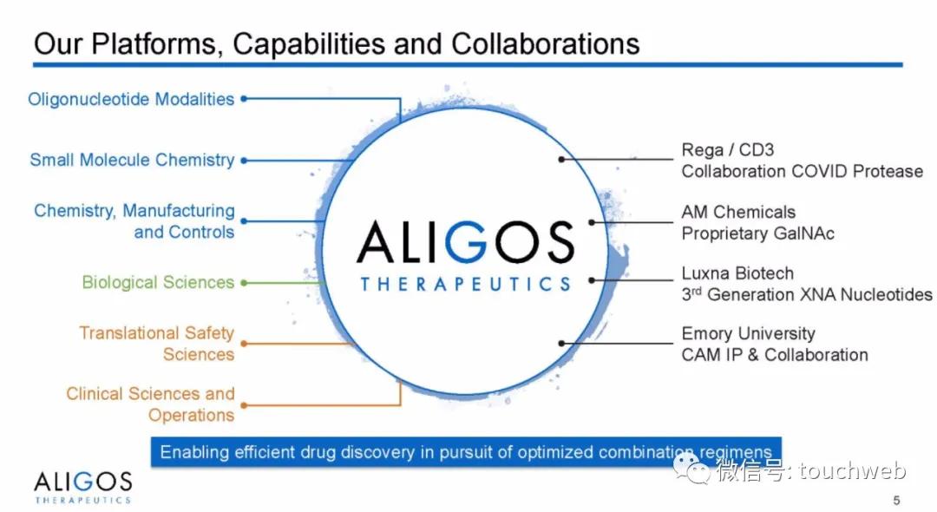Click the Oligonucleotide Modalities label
click(x=131, y=99)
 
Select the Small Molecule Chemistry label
click(x=132, y=161)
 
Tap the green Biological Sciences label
click(x=158, y=282)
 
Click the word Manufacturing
click(x=179, y=211)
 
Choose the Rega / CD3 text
click(x=727, y=149)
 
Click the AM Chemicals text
click(x=738, y=212)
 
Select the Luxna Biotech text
click(x=737, y=273)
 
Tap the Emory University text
click(x=748, y=333)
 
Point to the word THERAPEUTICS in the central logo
click(x=465, y=284)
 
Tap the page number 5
click(x=896, y=500)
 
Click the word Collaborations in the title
click(x=545, y=43)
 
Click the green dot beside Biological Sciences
click(x=244, y=283)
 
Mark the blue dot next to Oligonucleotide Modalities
click(x=244, y=99)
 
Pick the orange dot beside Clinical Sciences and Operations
click(x=244, y=405)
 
